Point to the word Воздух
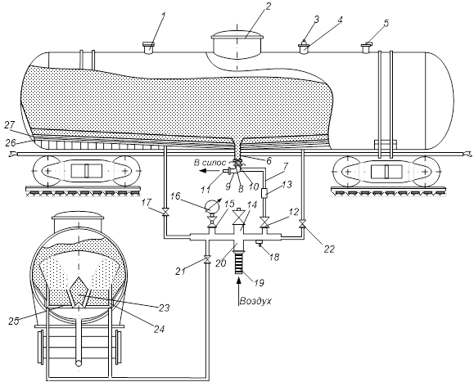[x=255, y=301]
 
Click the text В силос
[x=210, y=163]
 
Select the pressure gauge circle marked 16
[x=211, y=206]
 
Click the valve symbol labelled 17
[x=165, y=213]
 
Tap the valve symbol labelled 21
[x=207, y=259]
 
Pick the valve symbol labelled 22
[x=302, y=224]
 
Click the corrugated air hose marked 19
[x=239, y=263]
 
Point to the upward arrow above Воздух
[x=239, y=286]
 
